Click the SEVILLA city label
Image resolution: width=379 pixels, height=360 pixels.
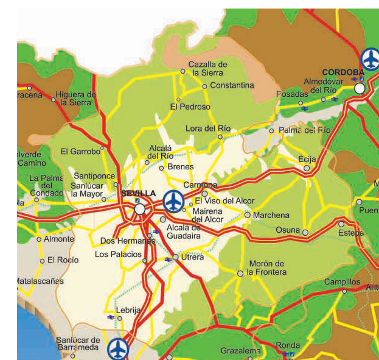(x=139, y=193)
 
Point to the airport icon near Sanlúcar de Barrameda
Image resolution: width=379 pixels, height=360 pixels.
(x=118, y=349)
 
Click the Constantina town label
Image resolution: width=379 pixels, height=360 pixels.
(x=231, y=85)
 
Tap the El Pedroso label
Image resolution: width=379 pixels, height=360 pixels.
(x=190, y=107)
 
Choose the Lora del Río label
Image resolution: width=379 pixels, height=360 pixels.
(x=208, y=128)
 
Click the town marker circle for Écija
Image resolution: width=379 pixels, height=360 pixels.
(x=307, y=168)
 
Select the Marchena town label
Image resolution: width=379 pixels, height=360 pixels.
(x=271, y=215)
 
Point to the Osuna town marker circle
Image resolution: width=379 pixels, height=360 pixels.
(x=305, y=232)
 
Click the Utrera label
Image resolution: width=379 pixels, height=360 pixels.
(x=193, y=257)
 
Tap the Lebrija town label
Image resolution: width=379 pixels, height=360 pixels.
(x=128, y=309)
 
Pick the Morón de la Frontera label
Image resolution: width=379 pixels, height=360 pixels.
(x=266, y=268)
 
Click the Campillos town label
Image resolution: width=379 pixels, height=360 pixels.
(x=342, y=282)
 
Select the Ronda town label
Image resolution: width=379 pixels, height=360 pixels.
(x=288, y=345)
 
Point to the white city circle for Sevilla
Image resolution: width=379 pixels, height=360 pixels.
(x=141, y=209)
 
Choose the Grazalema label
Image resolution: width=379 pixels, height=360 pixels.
(x=240, y=351)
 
